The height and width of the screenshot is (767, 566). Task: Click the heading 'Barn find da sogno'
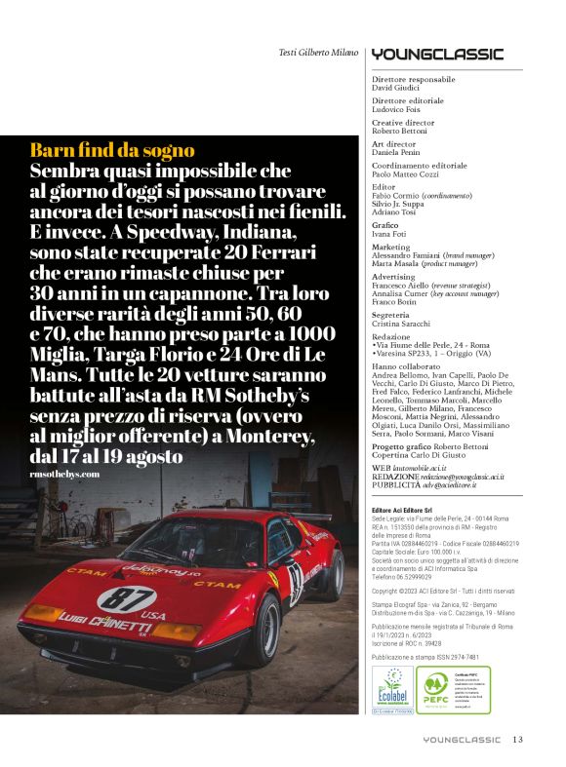click(112, 150)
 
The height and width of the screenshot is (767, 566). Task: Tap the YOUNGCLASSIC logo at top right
click(436, 54)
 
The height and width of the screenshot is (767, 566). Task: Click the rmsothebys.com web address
click(65, 474)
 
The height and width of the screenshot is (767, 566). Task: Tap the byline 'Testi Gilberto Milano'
click(312, 53)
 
